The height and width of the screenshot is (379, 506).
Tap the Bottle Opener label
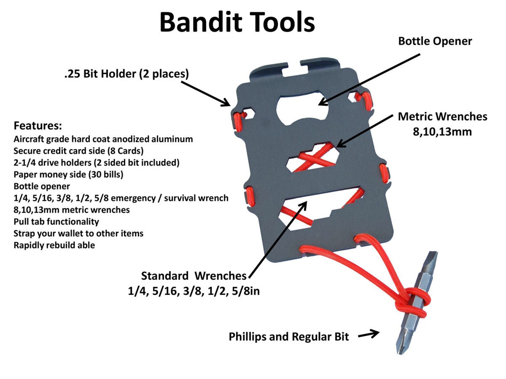(435, 41)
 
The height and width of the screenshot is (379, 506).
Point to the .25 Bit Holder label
(126, 74)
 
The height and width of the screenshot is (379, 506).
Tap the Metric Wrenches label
(442, 116)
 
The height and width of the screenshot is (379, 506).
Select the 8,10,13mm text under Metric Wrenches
(442, 131)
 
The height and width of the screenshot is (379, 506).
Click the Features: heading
(38, 126)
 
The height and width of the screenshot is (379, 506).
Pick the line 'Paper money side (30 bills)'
(68, 174)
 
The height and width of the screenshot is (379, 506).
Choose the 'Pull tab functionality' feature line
(56, 221)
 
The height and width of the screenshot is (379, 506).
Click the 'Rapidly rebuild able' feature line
(54, 245)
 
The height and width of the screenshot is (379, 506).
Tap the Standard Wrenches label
(194, 276)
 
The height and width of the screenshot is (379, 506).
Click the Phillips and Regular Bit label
(289, 337)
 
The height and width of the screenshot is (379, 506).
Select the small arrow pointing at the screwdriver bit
(369, 334)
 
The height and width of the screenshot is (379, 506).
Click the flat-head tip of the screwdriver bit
(432, 258)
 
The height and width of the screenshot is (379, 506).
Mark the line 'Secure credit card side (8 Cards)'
(78, 151)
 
